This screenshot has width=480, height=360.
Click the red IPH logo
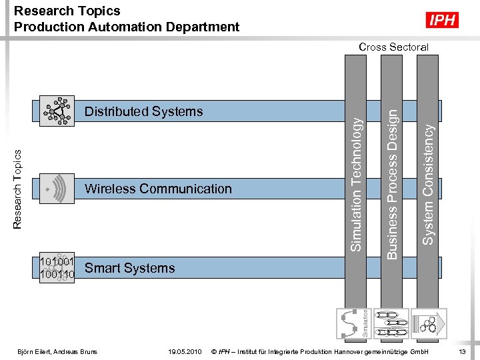(x=443, y=20)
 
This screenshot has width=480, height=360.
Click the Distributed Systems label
(x=143, y=111)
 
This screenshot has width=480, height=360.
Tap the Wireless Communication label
(x=158, y=189)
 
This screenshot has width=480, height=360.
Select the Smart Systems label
(x=130, y=268)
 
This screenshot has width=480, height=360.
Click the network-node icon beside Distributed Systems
(x=57, y=111)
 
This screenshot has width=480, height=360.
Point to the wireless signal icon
(x=57, y=189)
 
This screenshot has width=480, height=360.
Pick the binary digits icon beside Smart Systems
(x=57, y=267)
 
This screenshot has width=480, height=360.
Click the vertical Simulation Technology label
(x=357, y=184)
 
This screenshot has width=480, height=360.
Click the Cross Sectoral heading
(x=393, y=47)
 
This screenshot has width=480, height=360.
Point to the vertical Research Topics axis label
(x=18, y=189)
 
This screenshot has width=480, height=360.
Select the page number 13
(x=462, y=351)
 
